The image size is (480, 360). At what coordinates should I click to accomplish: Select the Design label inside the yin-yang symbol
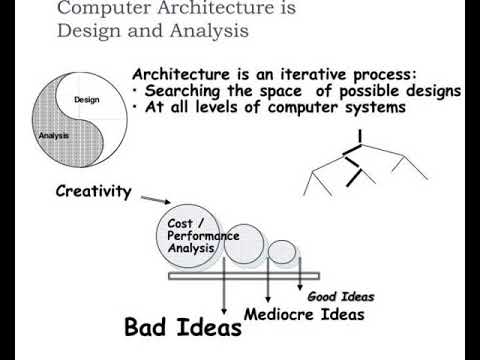tap(87, 100)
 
